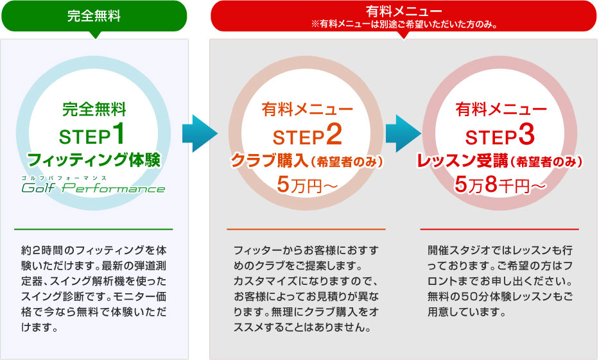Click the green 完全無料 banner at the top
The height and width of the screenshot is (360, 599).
[94, 16]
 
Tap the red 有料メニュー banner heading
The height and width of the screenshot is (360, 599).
[404, 11]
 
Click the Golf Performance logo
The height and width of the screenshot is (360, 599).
[93, 187]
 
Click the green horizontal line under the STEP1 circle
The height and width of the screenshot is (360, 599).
[93, 229]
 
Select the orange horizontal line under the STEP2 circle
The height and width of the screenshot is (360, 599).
[306, 229]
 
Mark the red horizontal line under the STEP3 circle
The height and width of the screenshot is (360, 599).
[499, 229]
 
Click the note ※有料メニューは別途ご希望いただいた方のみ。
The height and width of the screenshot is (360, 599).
[404, 26]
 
